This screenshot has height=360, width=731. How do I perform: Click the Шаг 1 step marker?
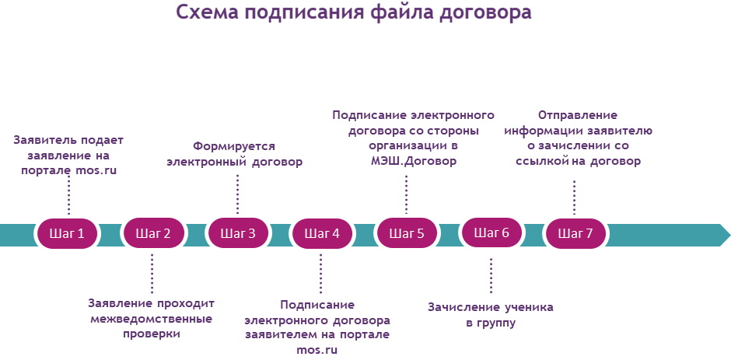pos(68,232)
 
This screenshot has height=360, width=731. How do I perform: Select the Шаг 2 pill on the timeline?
pos(153,232)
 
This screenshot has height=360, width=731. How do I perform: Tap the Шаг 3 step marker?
pos(238,232)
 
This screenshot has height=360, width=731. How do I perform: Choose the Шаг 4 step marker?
pos(322,232)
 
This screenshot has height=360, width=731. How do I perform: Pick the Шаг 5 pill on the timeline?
pos(407,232)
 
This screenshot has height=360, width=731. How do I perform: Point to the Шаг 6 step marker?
pos(491,232)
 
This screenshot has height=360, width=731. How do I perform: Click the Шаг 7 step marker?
pos(575,232)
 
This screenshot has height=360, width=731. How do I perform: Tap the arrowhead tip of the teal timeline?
pos(729,235)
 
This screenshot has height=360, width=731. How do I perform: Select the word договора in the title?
pos(485,13)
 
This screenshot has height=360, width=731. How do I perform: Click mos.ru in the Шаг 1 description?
pos(96,171)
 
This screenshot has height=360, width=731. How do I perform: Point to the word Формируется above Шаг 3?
pos(234,148)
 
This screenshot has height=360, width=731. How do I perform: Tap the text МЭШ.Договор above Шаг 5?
pos(411,162)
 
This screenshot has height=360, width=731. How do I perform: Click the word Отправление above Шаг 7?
pos(578,116)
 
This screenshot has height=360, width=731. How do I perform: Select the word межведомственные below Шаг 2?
pos(152,320)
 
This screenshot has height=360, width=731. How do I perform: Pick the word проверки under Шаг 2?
pos(151,335)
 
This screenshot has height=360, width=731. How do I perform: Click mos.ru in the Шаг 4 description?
pos(317,350)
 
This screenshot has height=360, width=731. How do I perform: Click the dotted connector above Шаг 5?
pos(406,194)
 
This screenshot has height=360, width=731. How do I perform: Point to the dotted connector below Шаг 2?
pos(152,273)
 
